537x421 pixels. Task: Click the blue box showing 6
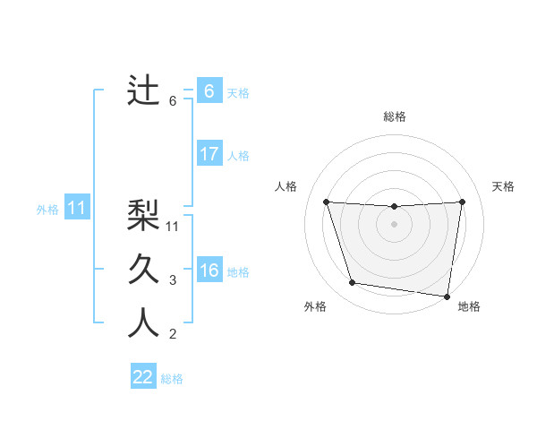(209, 91)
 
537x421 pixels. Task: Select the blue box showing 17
(209, 154)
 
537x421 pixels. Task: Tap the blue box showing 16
(209, 271)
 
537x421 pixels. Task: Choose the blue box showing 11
(77, 209)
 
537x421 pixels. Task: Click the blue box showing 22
(143, 377)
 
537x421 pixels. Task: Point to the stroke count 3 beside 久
(173, 280)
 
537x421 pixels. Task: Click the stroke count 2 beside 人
(173, 335)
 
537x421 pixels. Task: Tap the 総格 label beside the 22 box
(172, 379)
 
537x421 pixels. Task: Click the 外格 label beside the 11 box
(47, 210)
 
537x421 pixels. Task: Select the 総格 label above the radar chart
(395, 116)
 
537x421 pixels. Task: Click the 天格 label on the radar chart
(504, 186)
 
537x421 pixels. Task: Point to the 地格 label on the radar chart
(469, 306)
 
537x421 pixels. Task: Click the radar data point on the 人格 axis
(326, 202)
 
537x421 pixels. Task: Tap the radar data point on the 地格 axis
(447, 296)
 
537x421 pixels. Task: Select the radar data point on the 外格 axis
(353, 283)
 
